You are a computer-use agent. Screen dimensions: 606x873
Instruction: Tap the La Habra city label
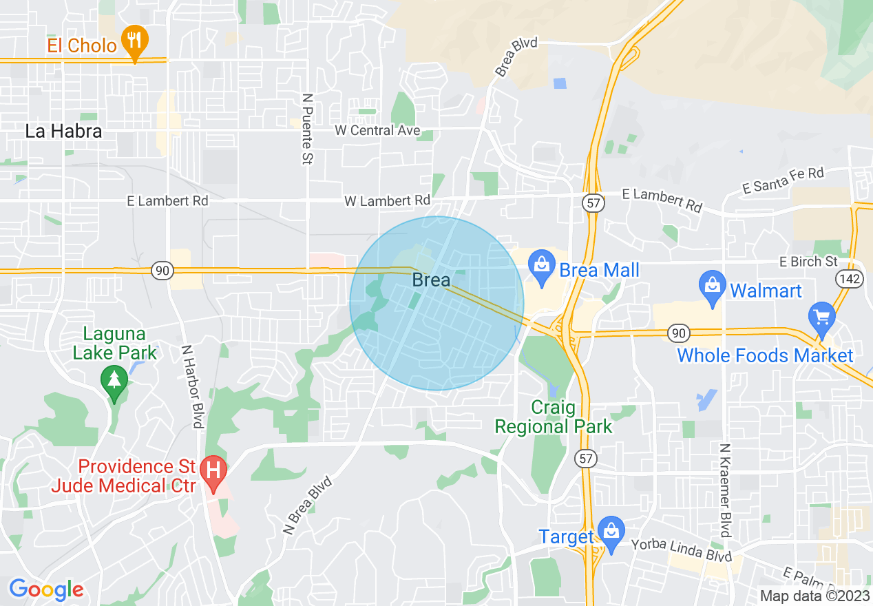pyautogui.click(x=63, y=131)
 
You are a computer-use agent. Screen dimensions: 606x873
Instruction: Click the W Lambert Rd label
pyautogui.click(x=387, y=200)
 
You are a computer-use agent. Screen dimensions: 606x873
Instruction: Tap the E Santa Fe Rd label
pyautogui.click(x=783, y=180)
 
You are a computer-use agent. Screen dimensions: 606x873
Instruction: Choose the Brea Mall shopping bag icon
pyautogui.click(x=542, y=267)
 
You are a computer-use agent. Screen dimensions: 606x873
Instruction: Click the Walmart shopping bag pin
pyautogui.click(x=712, y=288)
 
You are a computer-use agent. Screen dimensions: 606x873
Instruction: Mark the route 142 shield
pyautogui.click(x=846, y=278)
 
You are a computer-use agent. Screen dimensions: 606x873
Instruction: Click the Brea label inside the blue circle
pyautogui.click(x=431, y=280)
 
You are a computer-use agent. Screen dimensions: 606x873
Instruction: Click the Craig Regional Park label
pyautogui.click(x=554, y=417)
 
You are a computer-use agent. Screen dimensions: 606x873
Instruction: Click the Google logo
pyautogui.click(x=46, y=589)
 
